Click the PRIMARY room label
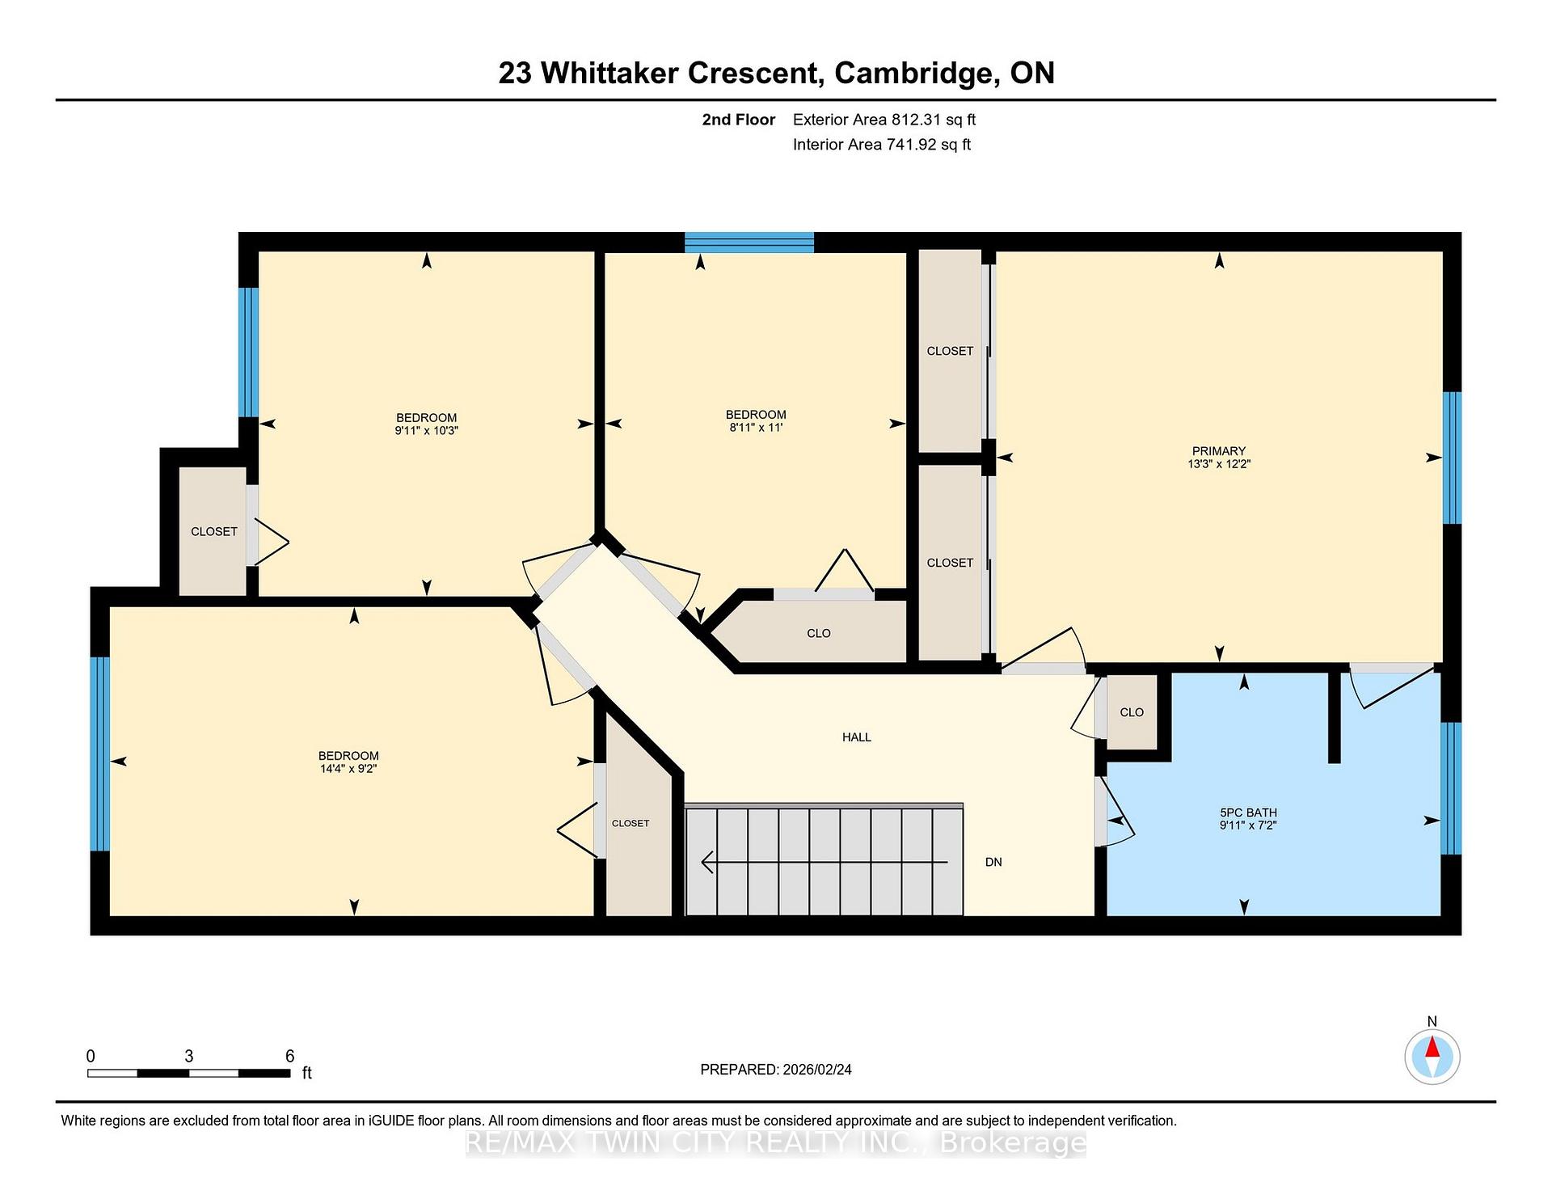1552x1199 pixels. tap(1218, 451)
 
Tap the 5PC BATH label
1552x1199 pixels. tap(1248, 813)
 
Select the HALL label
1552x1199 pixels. tap(857, 737)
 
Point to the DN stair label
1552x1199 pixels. tap(993, 862)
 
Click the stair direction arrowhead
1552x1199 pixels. tap(707, 863)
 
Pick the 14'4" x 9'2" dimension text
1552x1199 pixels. tap(348, 769)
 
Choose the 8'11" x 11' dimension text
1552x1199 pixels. tap(756, 428)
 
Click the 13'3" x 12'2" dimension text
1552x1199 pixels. tap(1218, 464)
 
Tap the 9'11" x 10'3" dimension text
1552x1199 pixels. tap(426, 431)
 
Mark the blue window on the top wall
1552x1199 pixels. tap(749, 243)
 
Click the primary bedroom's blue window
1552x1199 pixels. tap(1452, 458)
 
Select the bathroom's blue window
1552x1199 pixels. tap(1452, 788)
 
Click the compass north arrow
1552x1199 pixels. tap(1432, 1048)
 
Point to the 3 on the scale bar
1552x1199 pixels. tap(188, 1056)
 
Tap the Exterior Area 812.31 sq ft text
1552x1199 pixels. tap(884, 120)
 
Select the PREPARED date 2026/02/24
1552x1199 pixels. tap(817, 1070)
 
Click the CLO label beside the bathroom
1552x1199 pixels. tap(1132, 712)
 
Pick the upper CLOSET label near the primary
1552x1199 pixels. tap(950, 351)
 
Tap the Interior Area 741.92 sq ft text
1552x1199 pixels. tap(882, 145)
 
